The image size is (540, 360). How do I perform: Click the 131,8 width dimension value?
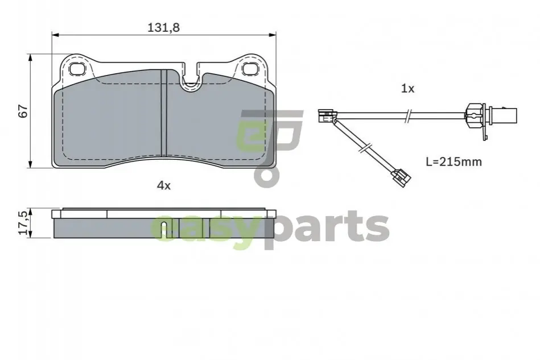click(x=163, y=27)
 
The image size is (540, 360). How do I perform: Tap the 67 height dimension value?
click(x=23, y=111)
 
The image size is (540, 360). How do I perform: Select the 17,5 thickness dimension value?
click(x=23, y=223)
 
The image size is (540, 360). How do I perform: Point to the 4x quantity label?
click(x=163, y=186)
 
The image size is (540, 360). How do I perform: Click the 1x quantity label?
click(x=407, y=89)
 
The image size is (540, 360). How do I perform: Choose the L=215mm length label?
click(x=454, y=162)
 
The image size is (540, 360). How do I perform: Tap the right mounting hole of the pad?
click(x=249, y=69)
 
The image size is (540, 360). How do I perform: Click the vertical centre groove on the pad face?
click(x=164, y=113)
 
